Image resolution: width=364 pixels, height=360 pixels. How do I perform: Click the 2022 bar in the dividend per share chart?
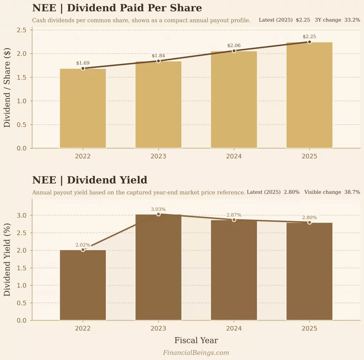tap(83, 108)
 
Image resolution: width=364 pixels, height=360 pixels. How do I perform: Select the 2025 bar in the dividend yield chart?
tap(309, 272)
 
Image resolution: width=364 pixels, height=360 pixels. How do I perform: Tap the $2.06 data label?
tap(234, 45)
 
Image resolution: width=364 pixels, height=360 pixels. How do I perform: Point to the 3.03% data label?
tap(159, 209)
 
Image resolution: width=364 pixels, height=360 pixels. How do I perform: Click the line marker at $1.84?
tap(159, 61)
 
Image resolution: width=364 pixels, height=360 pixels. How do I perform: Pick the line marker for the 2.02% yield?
tap(83, 250)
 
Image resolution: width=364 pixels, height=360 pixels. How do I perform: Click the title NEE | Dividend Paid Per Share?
tap(117, 8)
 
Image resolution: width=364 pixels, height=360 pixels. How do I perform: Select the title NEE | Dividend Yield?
tap(90, 180)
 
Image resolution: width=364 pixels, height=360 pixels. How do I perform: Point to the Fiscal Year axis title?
tap(196, 340)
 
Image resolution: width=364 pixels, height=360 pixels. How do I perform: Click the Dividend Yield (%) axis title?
tap(7, 260)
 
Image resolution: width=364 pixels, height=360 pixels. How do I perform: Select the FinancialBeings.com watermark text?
tap(196, 353)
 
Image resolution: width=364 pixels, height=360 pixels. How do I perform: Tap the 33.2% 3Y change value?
tap(352, 20)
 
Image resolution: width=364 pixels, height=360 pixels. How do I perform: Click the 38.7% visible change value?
tap(352, 192)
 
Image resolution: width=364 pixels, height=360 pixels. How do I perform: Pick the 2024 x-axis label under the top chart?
tap(234, 156)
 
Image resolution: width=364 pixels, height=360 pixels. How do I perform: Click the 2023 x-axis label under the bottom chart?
tap(159, 328)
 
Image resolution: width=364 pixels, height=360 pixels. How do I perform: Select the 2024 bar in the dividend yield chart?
tap(234, 270)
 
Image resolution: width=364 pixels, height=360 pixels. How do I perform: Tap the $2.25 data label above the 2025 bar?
tap(309, 37)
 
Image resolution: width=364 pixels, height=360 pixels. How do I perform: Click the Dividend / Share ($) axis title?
tap(7, 89)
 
